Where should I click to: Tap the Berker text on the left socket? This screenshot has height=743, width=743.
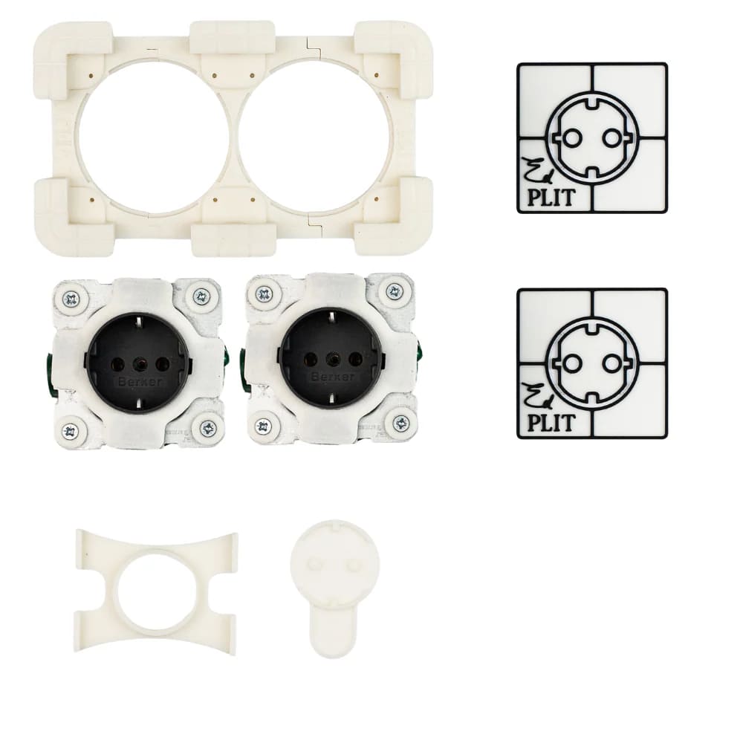(x=140, y=382)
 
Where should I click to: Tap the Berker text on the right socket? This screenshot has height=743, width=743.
(x=333, y=377)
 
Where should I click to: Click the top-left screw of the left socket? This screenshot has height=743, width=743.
(x=72, y=299)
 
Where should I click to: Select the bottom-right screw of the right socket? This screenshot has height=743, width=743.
(x=401, y=422)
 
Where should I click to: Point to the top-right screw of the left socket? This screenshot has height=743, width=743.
(x=202, y=297)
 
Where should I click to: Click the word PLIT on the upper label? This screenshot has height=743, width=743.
(x=551, y=198)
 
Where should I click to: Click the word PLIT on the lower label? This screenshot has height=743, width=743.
(x=551, y=423)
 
